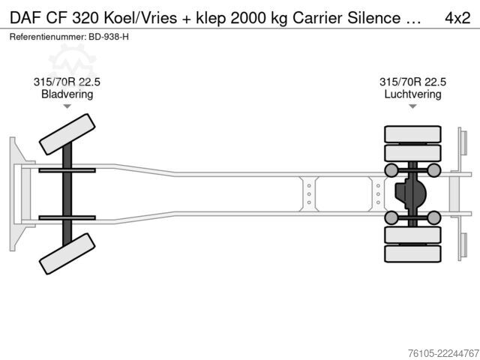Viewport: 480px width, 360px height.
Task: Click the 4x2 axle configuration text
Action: tap(457, 18)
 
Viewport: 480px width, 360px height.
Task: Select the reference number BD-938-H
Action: tap(109, 37)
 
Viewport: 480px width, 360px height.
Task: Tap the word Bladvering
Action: tap(67, 94)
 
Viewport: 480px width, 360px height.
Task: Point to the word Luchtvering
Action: tap(412, 94)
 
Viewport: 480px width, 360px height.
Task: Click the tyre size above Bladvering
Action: tap(67, 82)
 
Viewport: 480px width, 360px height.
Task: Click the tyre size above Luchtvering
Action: tap(412, 82)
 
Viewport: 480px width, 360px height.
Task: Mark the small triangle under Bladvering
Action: tap(67, 106)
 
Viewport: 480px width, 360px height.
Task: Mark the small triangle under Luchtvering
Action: tap(412, 106)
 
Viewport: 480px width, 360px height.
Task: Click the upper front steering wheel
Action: tap(67, 134)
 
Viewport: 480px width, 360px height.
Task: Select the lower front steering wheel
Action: tap(67, 253)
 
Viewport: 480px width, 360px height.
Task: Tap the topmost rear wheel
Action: tap(412, 134)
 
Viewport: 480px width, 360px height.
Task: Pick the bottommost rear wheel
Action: tap(412, 253)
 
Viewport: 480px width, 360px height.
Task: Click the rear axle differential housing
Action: tap(410, 194)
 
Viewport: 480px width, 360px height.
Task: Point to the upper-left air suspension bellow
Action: tap(391, 170)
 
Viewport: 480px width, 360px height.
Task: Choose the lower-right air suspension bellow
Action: tap(433, 217)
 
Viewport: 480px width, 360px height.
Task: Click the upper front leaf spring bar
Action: tap(67, 170)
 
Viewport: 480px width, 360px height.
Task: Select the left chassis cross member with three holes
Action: tap(309, 194)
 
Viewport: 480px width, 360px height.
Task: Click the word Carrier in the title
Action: tap(317, 18)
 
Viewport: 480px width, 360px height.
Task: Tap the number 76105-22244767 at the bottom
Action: tap(443, 353)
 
